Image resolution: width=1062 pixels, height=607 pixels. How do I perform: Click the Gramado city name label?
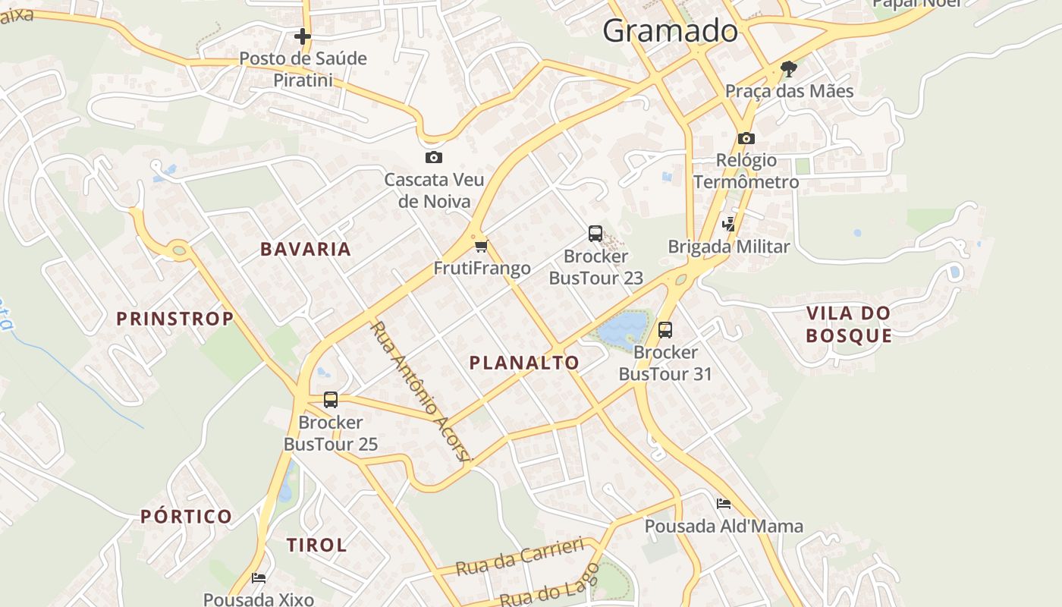[670, 31]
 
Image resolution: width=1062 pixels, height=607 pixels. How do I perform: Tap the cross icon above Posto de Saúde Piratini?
[303, 36]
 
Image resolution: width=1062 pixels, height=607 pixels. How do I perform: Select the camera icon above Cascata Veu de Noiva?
[434, 157]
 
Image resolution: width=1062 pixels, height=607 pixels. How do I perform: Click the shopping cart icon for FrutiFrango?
[482, 246]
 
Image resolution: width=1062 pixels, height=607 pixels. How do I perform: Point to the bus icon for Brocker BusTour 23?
[595, 234]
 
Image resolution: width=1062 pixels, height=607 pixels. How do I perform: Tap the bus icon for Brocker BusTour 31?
[665, 330]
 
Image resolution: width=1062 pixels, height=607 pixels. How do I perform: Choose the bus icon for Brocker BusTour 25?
[331, 400]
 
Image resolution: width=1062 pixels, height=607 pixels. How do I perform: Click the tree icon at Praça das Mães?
[789, 69]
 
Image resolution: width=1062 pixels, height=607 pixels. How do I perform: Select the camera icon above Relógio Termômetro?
[746, 138]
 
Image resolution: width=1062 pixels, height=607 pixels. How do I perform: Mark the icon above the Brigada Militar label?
[729, 224]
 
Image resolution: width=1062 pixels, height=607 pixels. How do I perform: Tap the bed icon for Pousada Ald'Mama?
[724, 504]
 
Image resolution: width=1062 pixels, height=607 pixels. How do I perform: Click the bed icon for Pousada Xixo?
[259, 578]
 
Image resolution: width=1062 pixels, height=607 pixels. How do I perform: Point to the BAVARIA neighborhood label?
[306, 249]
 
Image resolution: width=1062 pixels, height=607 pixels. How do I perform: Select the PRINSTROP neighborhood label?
[174, 319]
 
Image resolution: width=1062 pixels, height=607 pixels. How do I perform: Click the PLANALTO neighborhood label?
[524, 363]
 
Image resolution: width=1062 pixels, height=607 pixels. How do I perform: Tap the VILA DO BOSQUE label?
[848, 324]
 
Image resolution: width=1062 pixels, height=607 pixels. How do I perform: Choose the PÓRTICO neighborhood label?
[187, 517]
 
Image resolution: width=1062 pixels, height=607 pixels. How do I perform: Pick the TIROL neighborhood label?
[317, 545]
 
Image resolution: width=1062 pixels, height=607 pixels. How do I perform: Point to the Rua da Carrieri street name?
[520, 558]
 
